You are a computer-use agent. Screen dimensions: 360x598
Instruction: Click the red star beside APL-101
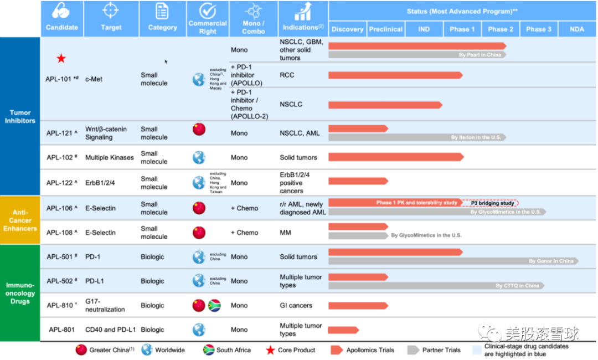(61, 59)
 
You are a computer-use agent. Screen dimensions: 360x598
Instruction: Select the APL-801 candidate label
(62, 330)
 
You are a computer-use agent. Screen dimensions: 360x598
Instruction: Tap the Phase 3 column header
(538, 29)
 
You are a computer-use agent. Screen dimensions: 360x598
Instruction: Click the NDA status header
(576, 29)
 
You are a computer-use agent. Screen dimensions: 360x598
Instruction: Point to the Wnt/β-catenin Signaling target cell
(106, 133)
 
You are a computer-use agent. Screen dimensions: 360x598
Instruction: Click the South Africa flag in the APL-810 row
(214, 305)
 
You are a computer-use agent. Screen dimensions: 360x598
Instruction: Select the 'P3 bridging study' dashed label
(489, 203)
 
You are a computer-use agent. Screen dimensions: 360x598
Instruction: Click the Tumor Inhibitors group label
(20, 116)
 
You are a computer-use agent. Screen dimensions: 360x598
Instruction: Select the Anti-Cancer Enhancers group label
(20, 220)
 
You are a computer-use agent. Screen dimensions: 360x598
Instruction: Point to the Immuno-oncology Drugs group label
(20, 293)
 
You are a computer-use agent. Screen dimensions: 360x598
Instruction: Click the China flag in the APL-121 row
(198, 129)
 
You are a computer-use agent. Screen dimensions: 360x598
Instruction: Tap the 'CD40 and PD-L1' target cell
(109, 330)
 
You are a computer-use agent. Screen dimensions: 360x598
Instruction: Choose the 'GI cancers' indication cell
(296, 305)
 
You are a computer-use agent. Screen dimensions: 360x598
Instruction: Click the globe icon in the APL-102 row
(198, 157)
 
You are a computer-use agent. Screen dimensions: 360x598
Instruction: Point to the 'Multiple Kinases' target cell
(109, 157)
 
